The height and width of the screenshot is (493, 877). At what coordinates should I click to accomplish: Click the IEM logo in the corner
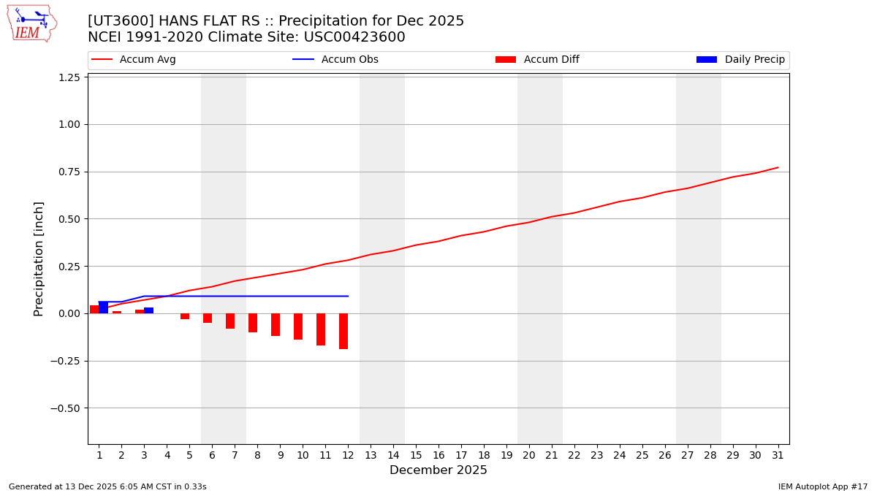tap(31, 23)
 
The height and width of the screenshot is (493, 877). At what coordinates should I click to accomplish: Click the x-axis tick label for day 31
tap(778, 455)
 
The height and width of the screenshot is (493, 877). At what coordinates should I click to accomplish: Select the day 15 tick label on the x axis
tap(416, 455)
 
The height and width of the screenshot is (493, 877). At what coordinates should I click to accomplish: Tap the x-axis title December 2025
tap(438, 470)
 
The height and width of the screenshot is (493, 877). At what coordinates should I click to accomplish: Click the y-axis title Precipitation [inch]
tap(39, 259)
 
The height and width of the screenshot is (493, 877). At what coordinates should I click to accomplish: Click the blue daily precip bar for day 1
tap(104, 307)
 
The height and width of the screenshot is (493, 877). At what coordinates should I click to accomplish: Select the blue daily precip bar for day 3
tap(149, 310)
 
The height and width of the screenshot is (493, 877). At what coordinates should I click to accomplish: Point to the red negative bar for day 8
tap(253, 323)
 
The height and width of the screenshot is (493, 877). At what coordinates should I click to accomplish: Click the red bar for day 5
tap(185, 316)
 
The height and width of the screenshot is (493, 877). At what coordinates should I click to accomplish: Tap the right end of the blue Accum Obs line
tap(348, 296)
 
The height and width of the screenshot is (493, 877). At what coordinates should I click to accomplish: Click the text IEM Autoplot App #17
tap(823, 486)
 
